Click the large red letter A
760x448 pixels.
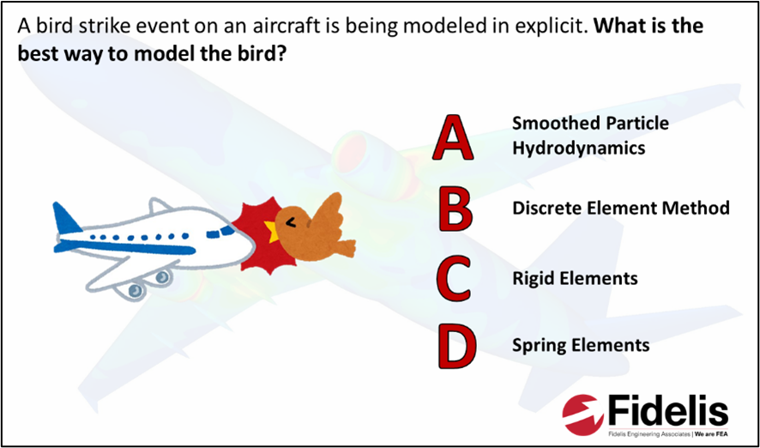(453, 137)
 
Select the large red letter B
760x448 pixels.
(455, 207)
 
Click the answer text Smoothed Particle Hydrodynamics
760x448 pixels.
(590, 136)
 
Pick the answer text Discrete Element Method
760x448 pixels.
(621, 209)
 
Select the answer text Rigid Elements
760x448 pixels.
(575, 278)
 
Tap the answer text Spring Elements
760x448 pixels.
(581, 345)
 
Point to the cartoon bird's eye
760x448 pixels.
(291, 222)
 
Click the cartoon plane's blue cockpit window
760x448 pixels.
(220, 232)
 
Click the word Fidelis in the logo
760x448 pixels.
(667, 412)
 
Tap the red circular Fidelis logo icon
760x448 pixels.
(584, 414)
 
